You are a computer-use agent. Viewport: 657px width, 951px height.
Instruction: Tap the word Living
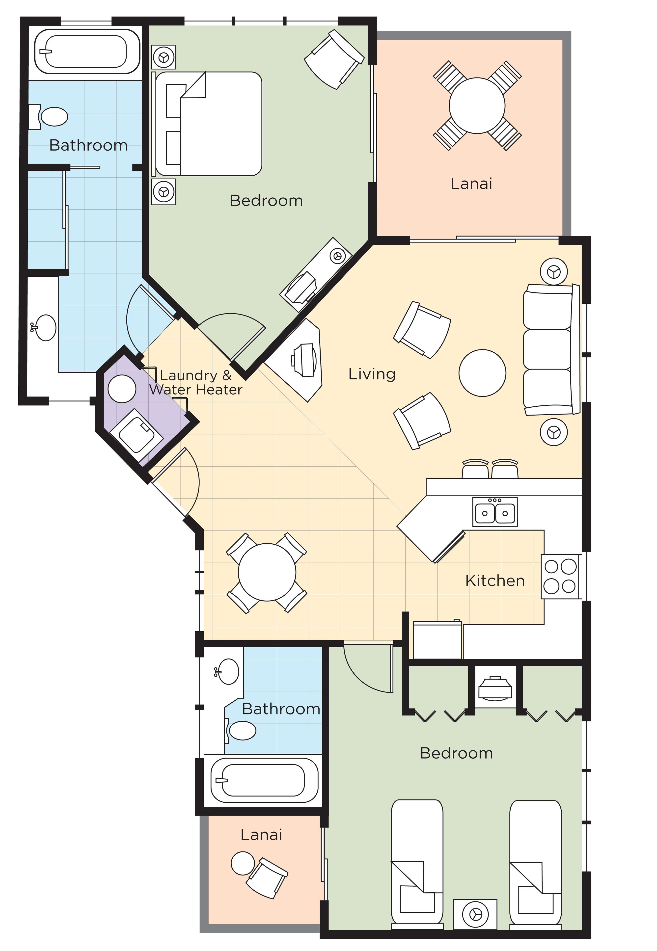pos(372,374)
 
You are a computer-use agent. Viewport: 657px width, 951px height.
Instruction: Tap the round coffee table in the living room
pos(482,373)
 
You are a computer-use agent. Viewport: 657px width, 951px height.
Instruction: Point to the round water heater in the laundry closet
pos(122,389)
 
